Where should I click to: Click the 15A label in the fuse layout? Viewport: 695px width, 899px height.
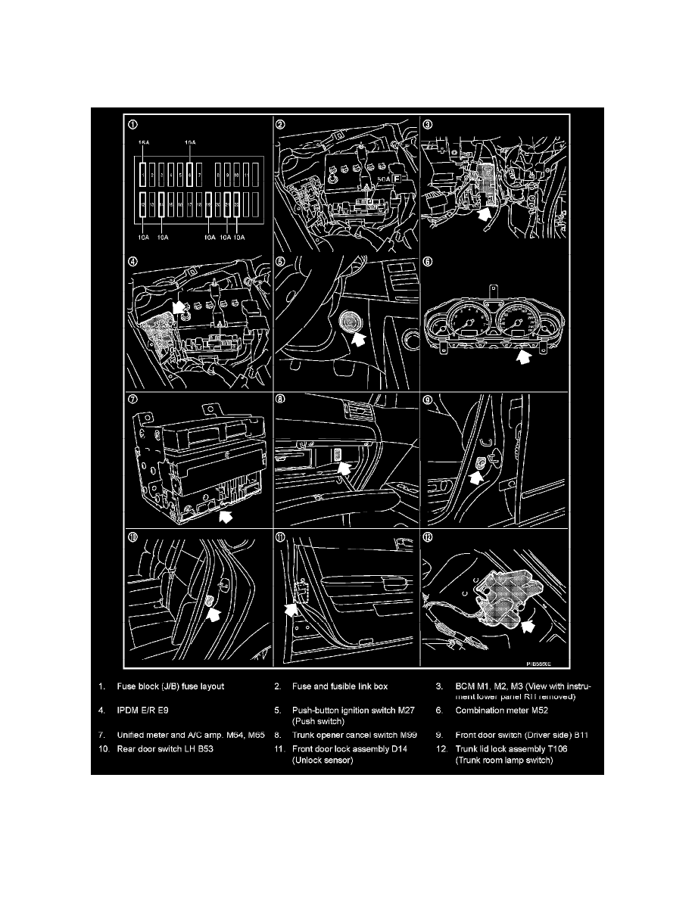tap(143, 143)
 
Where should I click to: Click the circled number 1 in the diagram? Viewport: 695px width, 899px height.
tap(133, 126)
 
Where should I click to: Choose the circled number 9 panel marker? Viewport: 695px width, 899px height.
tap(429, 402)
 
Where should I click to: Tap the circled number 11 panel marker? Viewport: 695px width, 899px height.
tap(280, 539)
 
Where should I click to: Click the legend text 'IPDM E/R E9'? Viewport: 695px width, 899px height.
tap(145, 711)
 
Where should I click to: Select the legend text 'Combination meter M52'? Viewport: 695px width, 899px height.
tap(505, 711)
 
